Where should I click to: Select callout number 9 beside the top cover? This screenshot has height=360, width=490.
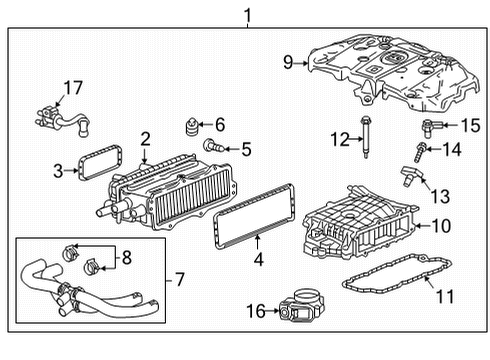click(x=288, y=62)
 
